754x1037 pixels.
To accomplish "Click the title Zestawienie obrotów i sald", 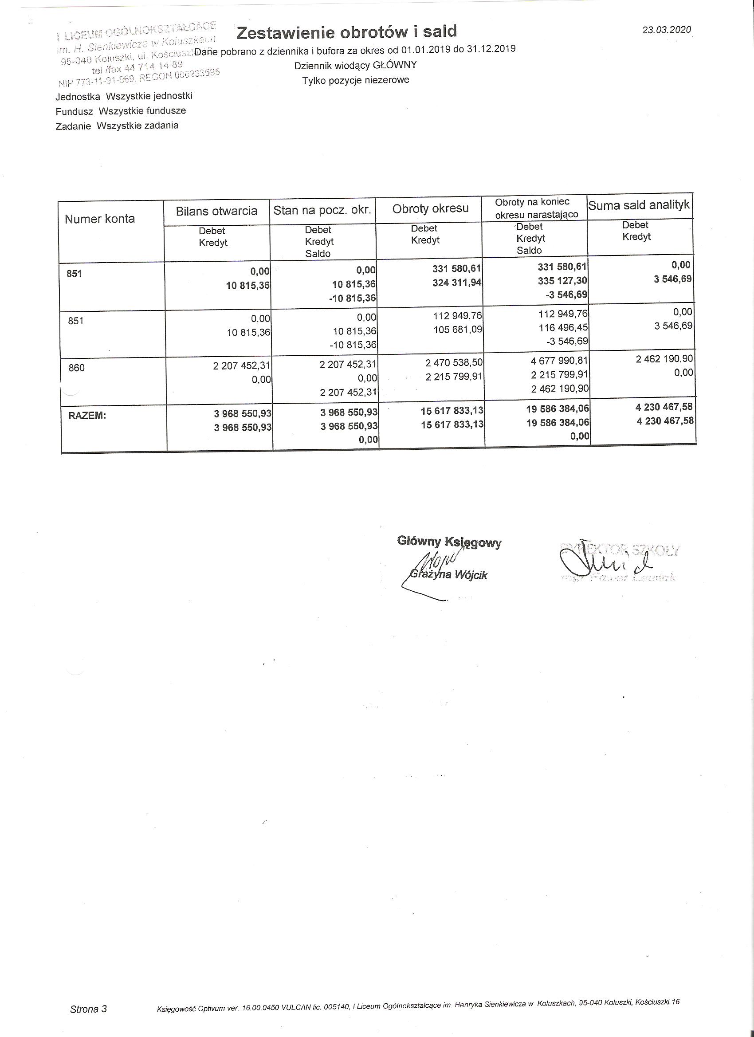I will click(x=346, y=31).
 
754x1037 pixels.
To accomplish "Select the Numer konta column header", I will click(x=100, y=219).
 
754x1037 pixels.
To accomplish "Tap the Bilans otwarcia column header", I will click(x=216, y=211).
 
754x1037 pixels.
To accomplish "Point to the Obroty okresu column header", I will click(x=430, y=208).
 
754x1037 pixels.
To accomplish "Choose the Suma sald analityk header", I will click(x=638, y=205).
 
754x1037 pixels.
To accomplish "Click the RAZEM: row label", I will click(x=87, y=416).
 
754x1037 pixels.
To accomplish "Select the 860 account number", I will click(x=76, y=368).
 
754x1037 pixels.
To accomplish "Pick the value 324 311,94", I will click(x=457, y=283).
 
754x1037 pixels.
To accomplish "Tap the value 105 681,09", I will click(x=458, y=329).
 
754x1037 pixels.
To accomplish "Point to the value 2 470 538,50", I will click(x=454, y=362).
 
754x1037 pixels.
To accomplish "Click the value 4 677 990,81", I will click(x=559, y=360).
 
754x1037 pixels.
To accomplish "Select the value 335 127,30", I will click(x=562, y=280).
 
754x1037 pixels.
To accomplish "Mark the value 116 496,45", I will click(x=563, y=328).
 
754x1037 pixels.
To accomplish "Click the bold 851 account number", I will click(x=74, y=273).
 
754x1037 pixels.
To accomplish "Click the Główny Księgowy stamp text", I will click(x=449, y=542).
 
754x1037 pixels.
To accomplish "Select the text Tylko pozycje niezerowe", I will click(x=355, y=80).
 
